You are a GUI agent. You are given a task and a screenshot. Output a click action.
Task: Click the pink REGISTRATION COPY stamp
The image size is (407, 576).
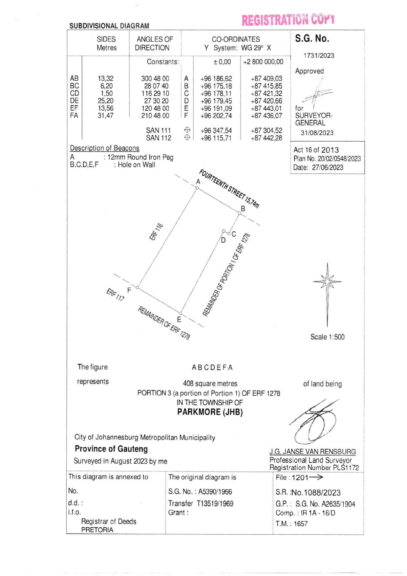pos(288,20)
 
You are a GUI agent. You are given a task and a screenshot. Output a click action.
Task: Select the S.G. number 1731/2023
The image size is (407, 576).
pos(319,55)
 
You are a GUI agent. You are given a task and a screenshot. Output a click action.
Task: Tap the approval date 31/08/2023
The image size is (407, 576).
pos(317,133)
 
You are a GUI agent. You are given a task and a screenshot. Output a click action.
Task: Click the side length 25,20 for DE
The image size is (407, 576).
pos(105,101)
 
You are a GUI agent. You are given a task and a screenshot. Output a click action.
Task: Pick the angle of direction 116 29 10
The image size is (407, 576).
pos(155,93)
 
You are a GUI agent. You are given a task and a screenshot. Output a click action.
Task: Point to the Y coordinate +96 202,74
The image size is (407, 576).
pos(216,116)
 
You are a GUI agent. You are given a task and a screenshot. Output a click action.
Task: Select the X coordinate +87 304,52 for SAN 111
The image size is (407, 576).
pos(266,130)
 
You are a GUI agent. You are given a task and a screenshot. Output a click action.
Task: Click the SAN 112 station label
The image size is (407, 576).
pos(159,138)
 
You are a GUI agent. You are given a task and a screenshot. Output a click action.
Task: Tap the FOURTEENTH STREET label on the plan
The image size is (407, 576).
pos(229,188)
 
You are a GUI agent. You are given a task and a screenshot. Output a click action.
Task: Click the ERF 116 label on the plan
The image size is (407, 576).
pos(156,232)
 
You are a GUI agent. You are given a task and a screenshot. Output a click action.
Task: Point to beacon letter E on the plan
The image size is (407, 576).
pos(179,320)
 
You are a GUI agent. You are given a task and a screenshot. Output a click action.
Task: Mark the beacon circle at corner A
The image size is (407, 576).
pos(197,188)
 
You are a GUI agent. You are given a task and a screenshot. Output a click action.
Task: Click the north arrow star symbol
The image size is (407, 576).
pos(327,281)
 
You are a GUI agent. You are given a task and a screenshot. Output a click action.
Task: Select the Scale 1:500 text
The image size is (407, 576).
pos(327,337)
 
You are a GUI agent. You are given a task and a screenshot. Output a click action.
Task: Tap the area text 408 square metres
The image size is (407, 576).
pos(210,384)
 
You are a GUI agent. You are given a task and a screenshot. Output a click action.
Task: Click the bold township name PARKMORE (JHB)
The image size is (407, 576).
pos(210,412)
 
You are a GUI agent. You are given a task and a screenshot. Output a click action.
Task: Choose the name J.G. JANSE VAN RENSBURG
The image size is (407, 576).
pos(312,452)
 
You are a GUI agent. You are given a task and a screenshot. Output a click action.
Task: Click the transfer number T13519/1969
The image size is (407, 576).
pos(215,503)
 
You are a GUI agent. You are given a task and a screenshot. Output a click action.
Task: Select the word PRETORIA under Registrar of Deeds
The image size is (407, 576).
pos(97,530)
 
